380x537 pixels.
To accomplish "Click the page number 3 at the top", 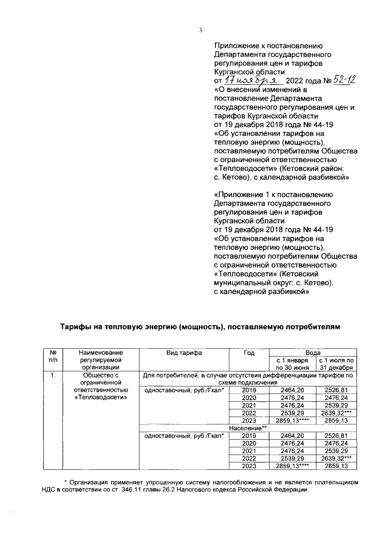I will tap(201, 31).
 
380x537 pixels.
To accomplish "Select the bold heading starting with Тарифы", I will tap(201, 327).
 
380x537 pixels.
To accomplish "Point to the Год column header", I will tap(249, 352).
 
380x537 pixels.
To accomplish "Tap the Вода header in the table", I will tap(312, 352).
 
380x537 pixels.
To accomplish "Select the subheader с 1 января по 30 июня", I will tap(291, 364).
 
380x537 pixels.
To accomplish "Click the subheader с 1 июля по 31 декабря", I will tap(336, 364).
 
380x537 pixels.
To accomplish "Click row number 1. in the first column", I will tap(53, 376).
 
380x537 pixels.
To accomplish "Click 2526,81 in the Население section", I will tap(336, 436).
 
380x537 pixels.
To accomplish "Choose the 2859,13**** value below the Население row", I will tap(292, 466).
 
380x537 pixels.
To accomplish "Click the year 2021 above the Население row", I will tap(249, 405).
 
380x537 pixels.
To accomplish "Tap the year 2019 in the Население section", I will tap(249, 436).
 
